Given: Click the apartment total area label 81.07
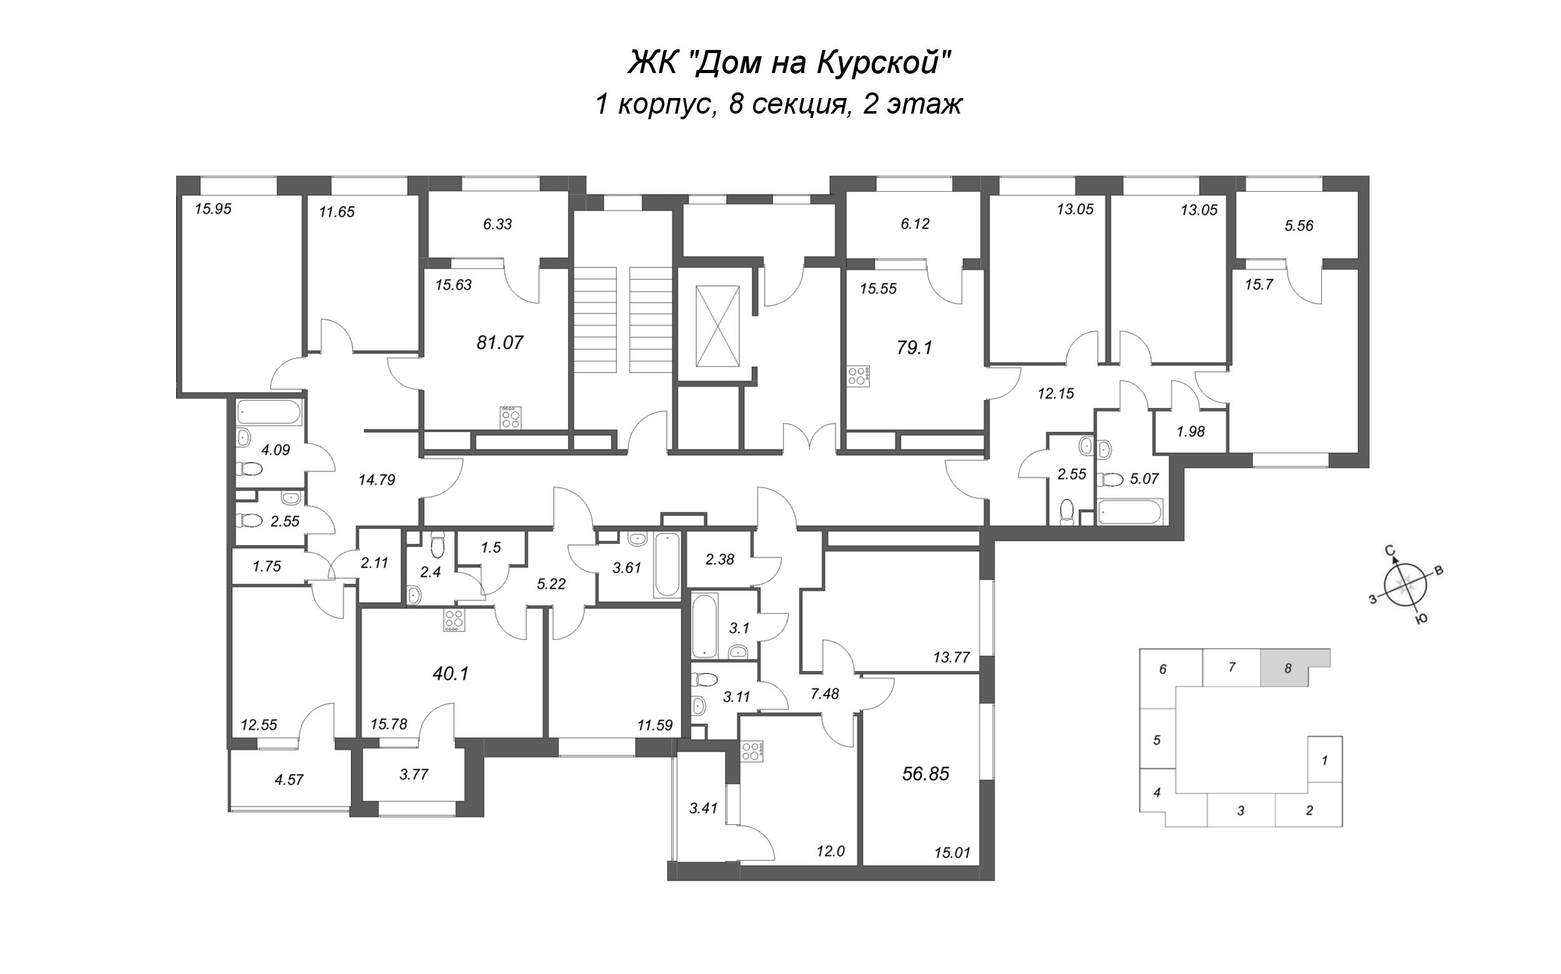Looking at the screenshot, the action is coord(500,343).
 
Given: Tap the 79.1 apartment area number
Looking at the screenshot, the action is coord(915,348).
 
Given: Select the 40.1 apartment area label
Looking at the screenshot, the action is coord(451,674).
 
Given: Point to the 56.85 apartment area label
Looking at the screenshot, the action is coord(927,774).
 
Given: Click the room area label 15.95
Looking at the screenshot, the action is coord(214,209).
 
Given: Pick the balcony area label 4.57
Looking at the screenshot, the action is coord(288,780).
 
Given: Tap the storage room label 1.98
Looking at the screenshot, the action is coord(1191,431).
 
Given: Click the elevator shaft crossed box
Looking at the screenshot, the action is coord(717,326).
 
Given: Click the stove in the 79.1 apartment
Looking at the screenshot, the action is coord(859,376).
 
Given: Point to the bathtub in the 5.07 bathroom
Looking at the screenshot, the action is coord(1130,512).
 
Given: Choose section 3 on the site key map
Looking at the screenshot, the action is coord(1241,810).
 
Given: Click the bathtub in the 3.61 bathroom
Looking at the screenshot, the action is coord(667,564).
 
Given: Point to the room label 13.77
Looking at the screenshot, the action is coord(952,657).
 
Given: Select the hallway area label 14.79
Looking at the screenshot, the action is coord(377,480).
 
